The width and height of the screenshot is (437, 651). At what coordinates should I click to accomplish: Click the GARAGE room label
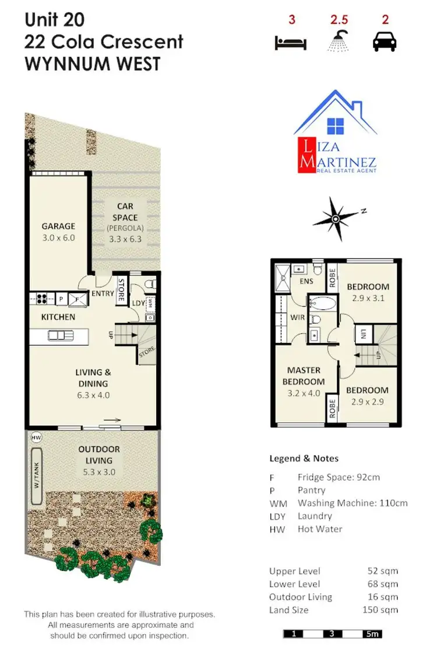tap(58, 226)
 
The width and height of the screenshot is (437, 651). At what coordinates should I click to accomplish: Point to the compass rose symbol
tap(335, 219)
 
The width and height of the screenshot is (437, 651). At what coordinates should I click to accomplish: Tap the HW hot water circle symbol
tap(36, 437)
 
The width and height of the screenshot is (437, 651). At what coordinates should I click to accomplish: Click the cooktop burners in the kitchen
tap(42, 299)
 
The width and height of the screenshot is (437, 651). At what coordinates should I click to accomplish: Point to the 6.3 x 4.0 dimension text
tap(94, 395)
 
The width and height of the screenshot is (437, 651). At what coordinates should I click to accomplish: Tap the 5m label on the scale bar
tap(372, 634)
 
